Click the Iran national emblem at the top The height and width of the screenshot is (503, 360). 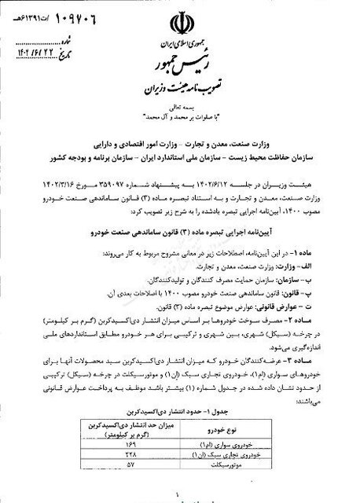click(180, 18)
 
